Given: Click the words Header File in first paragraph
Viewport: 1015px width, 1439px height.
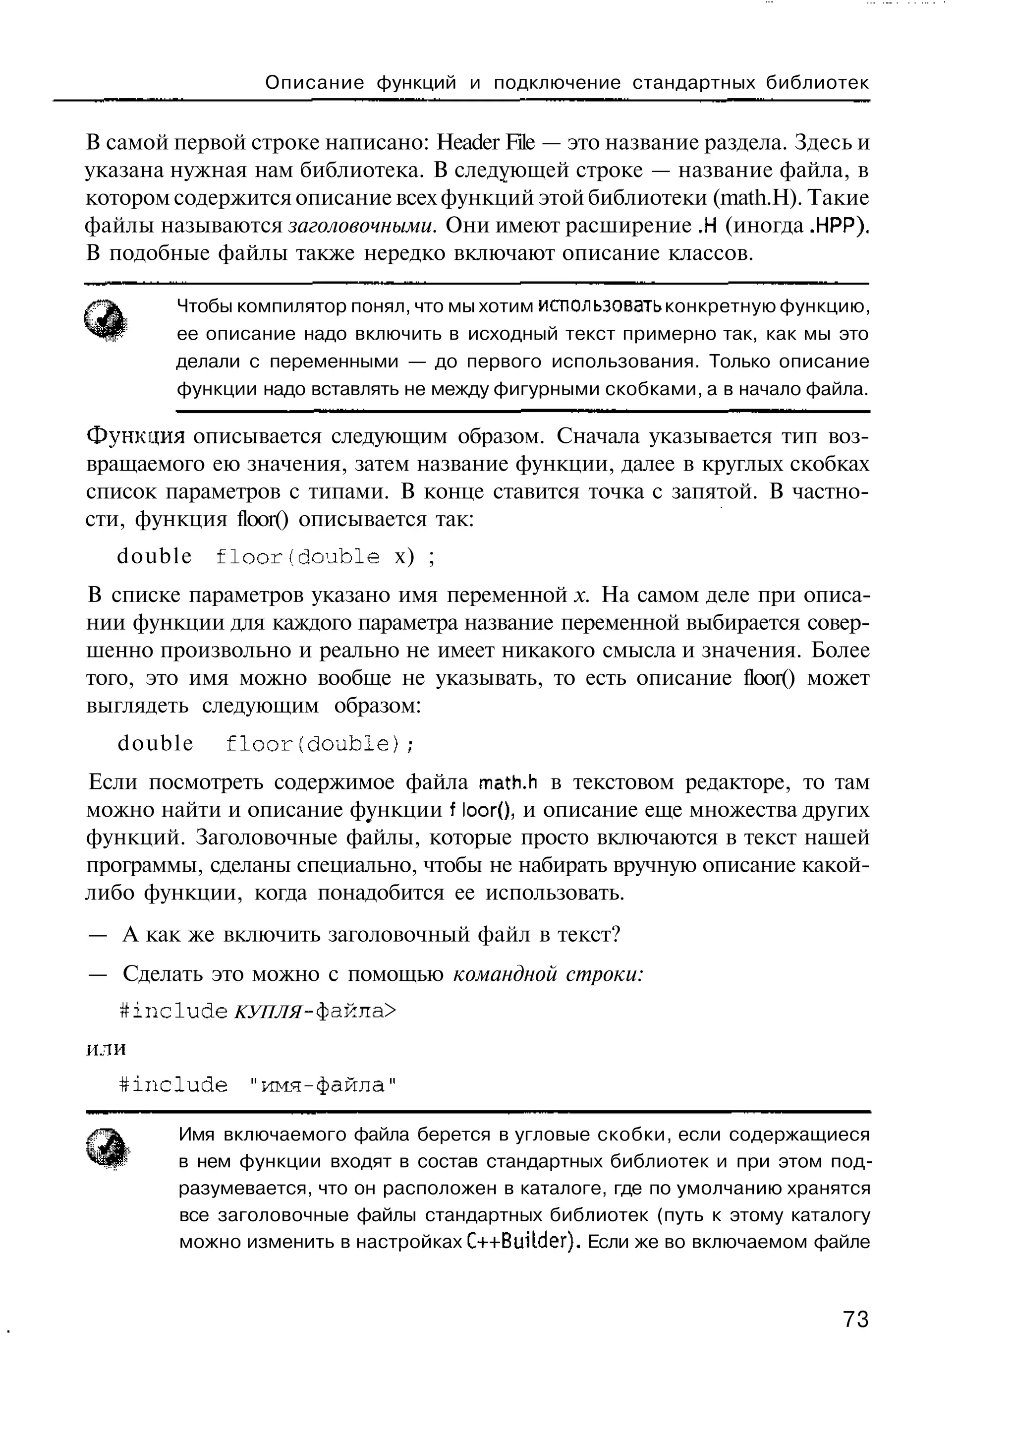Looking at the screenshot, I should tap(486, 143).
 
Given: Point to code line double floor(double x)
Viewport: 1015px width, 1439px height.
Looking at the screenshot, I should tap(276, 556).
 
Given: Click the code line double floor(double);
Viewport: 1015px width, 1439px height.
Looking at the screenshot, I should tap(266, 743).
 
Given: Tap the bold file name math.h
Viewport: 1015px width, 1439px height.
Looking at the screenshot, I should tap(508, 783).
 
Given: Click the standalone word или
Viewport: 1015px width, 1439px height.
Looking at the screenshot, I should tap(105, 1049).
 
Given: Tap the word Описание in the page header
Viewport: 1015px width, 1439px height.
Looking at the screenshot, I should tap(315, 83).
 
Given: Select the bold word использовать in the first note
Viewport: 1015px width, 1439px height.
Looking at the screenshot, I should tap(600, 306).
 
